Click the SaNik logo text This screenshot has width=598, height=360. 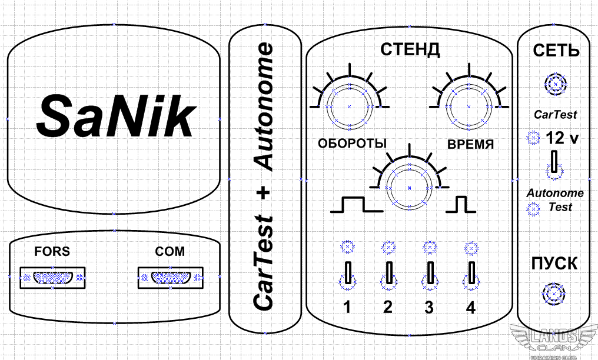pyautogui.click(x=117, y=115)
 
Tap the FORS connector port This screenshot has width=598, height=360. pyautogui.click(x=52, y=278)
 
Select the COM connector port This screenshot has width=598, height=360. pyautogui.click(x=171, y=278)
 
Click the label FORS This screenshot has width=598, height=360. pyautogui.click(x=52, y=251)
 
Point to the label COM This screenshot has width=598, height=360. pyautogui.click(x=170, y=251)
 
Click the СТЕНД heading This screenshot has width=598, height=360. pyautogui.click(x=410, y=49)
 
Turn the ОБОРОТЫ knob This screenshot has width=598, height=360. pyautogui.click(x=349, y=106)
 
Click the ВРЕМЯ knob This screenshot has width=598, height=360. pyautogui.click(x=469, y=106)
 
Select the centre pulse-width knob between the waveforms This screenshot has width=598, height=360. pyautogui.click(x=409, y=188)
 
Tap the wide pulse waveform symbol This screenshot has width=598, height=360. pyautogui.click(x=357, y=205)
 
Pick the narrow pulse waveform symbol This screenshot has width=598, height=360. pyautogui.click(x=461, y=205)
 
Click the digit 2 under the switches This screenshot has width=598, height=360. pyautogui.click(x=388, y=307)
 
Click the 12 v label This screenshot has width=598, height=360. pyautogui.click(x=562, y=138)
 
